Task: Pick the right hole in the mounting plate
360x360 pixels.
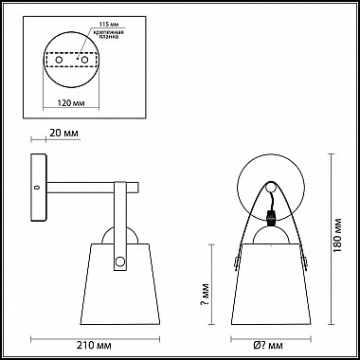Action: [x=86, y=59]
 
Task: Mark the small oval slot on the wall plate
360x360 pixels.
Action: [x=37, y=187]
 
